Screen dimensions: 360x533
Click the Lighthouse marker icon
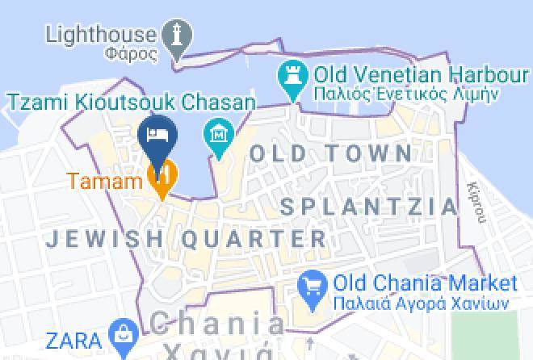(177, 36)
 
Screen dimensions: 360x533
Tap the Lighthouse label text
(100, 34)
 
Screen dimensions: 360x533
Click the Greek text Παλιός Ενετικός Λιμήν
(405, 94)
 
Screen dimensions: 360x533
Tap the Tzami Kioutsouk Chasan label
(132, 103)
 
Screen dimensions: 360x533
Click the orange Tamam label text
(105, 180)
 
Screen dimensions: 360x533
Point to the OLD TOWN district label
(330, 153)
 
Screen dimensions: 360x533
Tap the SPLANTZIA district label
(369, 207)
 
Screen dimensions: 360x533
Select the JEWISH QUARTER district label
(186, 239)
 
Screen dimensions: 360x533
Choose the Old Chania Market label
(425, 284)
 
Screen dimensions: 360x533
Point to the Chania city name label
(217, 325)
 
